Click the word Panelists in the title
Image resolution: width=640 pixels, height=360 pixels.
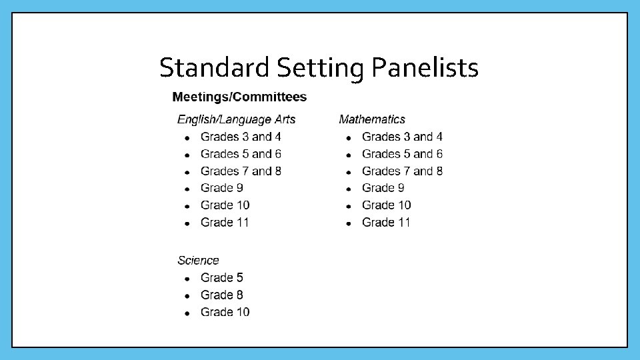[425, 67]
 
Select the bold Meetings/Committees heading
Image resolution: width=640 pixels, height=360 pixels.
[239, 97]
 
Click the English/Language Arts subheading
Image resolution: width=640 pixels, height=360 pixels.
[236, 120]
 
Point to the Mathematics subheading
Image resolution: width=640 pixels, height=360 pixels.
[372, 119]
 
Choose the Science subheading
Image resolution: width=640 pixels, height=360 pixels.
[198, 261]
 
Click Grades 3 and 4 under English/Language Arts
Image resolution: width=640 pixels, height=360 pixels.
[241, 137]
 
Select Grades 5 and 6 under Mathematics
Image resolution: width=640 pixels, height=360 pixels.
[402, 154]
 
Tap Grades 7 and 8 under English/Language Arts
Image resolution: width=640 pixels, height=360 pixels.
[241, 171]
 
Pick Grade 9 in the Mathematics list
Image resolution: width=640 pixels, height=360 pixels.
[383, 188]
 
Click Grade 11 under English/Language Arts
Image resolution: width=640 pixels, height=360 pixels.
[225, 223]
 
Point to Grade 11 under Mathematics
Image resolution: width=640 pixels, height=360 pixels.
[386, 223]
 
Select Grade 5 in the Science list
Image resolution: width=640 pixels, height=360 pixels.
[221, 278]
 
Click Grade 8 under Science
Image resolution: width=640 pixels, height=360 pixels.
[221, 295]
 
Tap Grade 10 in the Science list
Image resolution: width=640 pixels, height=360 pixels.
[225, 313]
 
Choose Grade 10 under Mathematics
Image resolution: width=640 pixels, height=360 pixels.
[386, 205]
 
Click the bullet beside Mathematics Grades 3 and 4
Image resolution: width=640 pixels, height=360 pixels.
[349, 138]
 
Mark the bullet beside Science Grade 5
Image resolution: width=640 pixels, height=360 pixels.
[188, 279]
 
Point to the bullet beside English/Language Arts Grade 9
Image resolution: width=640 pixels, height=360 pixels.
[188, 189]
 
